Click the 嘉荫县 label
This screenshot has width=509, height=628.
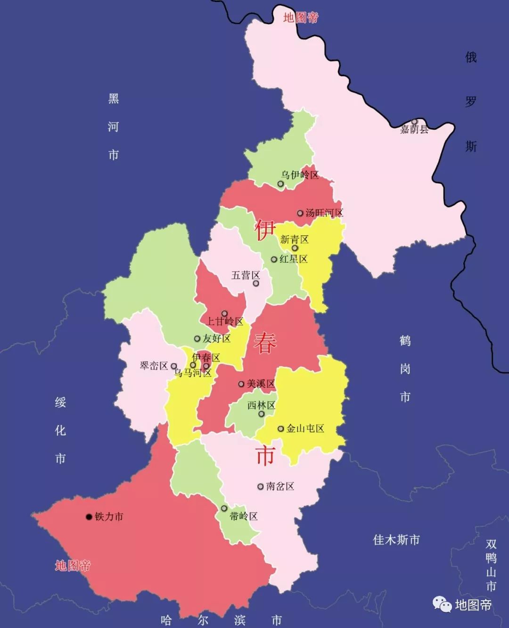[414, 129]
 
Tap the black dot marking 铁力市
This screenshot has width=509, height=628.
[89, 517]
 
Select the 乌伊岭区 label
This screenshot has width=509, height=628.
[300, 175]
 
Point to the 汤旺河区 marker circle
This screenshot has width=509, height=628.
[300, 213]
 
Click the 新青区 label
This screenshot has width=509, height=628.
[294, 240]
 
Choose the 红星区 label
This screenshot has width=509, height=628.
[293, 259]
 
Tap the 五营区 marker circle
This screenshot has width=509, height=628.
[256, 283]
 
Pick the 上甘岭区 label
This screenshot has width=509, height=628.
[225, 322]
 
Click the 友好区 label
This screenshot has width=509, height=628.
[216, 339]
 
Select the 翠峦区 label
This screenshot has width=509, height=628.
[154, 366]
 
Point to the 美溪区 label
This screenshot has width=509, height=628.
[261, 384]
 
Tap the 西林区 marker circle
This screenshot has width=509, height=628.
[262, 414]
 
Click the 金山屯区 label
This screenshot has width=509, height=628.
[305, 429]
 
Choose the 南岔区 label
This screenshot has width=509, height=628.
[280, 486]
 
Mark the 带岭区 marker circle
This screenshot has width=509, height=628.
[224, 508]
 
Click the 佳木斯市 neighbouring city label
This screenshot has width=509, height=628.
[396, 540]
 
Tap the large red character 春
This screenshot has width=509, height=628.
[265, 343]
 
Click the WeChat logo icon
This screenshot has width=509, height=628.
[442, 604]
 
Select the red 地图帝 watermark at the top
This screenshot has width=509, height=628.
[301, 18]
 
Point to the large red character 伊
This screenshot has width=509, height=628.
[265, 230]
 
